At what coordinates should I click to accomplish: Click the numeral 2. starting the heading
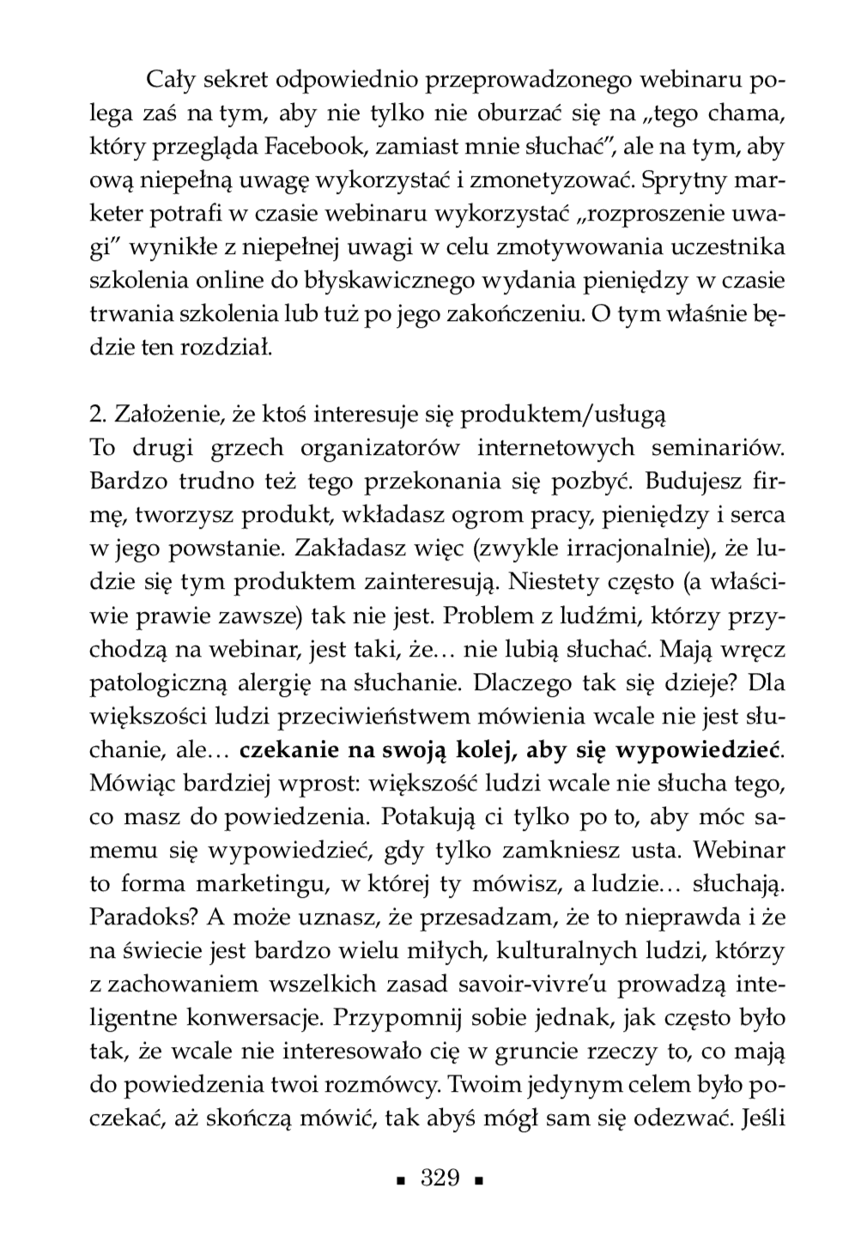pyautogui.click(x=97, y=415)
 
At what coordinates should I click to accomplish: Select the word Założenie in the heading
pyautogui.click(x=160, y=415)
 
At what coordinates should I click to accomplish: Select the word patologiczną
pyautogui.click(x=157, y=682)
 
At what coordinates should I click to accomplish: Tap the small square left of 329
pyautogui.click(x=398, y=1180)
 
